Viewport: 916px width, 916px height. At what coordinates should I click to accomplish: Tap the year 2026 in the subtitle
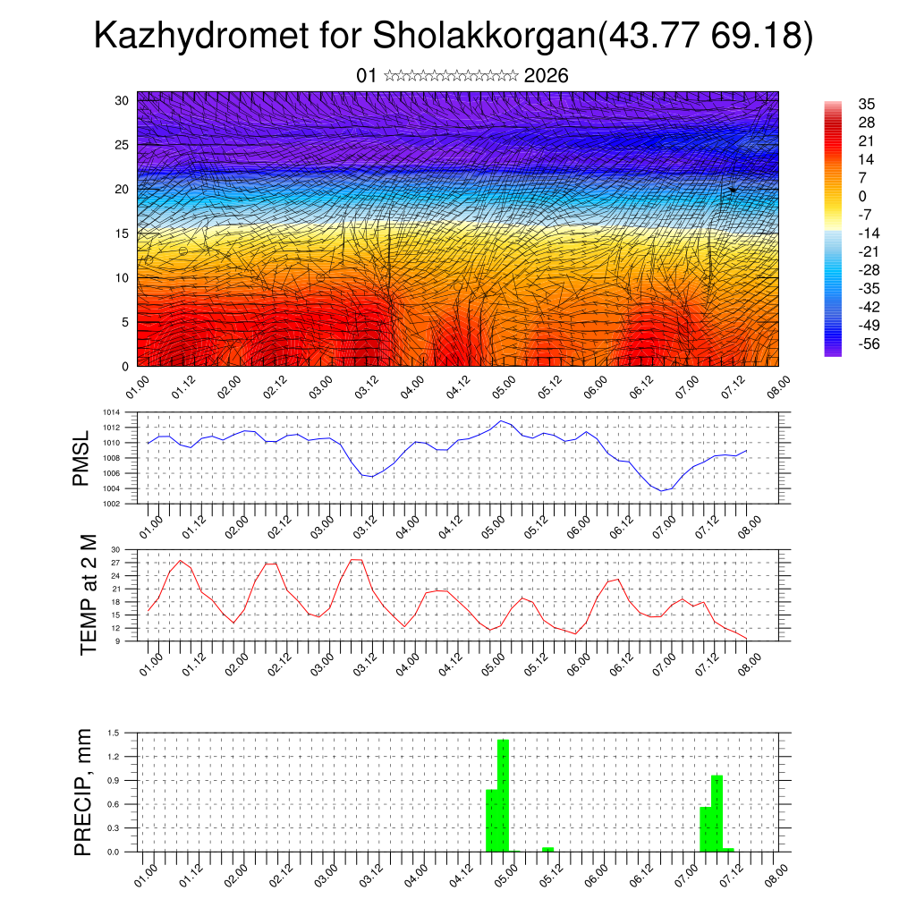[x=547, y=75]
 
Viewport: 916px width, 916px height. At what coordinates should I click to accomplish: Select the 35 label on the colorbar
[x=866, y=104]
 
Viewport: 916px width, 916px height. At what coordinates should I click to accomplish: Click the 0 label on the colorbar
[x=862, y=196]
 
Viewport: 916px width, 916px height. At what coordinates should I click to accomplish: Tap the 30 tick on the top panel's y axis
[x=122, y=100]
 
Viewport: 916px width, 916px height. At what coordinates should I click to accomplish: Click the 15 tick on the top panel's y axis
[x=122, y=233]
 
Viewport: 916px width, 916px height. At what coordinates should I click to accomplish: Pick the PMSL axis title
[x=82, y=458]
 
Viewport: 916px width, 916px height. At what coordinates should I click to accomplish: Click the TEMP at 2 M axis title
[x=88, y=594]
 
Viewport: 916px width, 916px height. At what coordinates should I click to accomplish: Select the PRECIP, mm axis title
[x=83, y=792]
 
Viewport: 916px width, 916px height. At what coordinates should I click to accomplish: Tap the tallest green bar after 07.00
[x=717, y=813]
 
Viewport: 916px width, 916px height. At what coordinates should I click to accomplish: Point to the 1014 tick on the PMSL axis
[x=111, y=412]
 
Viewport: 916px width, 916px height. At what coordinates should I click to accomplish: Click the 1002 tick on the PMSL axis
[x=111, y=504]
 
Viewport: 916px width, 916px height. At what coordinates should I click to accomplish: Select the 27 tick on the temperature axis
[x=115, y=563]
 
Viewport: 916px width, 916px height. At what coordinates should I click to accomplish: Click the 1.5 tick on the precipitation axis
[x=114, y=733]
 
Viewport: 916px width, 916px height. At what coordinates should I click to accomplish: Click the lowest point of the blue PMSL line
[x=662, y=490]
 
